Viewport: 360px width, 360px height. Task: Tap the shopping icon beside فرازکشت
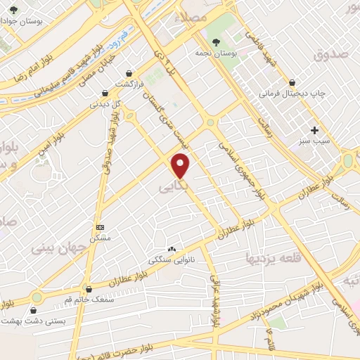click(129, 72)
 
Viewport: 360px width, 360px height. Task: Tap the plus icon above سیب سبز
click(315, 129)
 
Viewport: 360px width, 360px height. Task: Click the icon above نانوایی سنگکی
click(172, 249)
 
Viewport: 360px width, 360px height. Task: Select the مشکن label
click(101, 238)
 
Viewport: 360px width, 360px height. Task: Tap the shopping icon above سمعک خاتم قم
click(89, 288)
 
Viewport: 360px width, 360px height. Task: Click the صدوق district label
click(332, 53)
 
